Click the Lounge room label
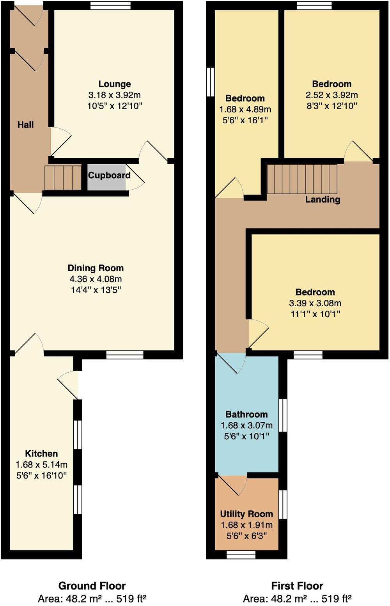(x=114, y=84)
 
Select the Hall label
(x=25, y=125)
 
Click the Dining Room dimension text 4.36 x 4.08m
(x=96, y=279)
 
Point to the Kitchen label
(x=41, y=453)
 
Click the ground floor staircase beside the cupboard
(x=63, y=178)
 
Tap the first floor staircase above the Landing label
(x=302, y=179)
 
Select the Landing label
(x=323, y=199)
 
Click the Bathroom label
(x=246, y=414)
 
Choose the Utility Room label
(x=246, y=514)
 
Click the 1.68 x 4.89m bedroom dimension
(x=245, y=109)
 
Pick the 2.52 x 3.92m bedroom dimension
(x=331, y=95)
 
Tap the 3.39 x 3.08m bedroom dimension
(x=315, y=303)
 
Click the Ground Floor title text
(x=92, y=586)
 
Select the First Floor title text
(x=297, y=586)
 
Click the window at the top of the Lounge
(x=110, y=5)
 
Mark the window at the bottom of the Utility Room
(x=241, y=554)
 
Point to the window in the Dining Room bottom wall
(x=125, y=355)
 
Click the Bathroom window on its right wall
(x=283, y=415)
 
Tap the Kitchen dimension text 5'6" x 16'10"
(x=41, y=475)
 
